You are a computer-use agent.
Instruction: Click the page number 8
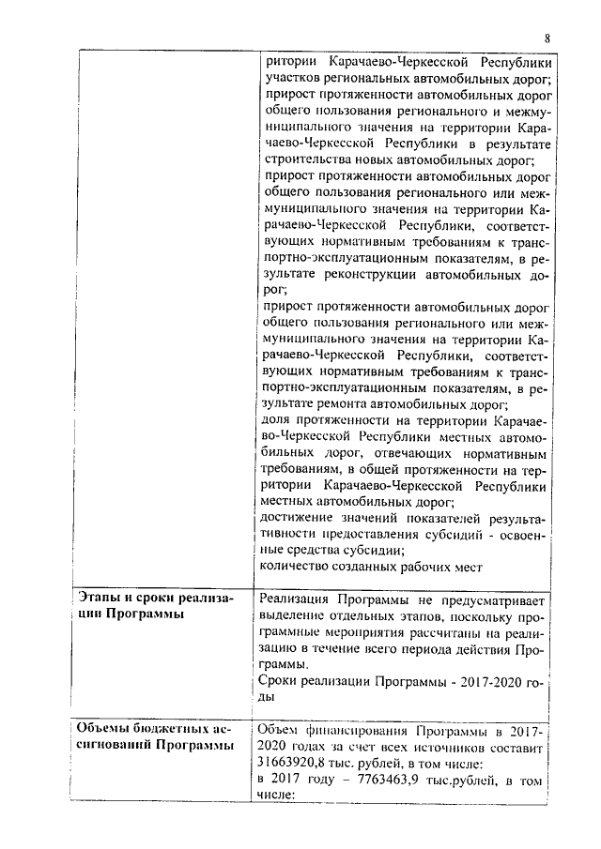pyautogui.click(x=547, y=38)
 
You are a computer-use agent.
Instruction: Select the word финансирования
pyautogui.click(x=351, y=730)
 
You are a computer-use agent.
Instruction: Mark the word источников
pyautogui.click(x=462, y=747)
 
